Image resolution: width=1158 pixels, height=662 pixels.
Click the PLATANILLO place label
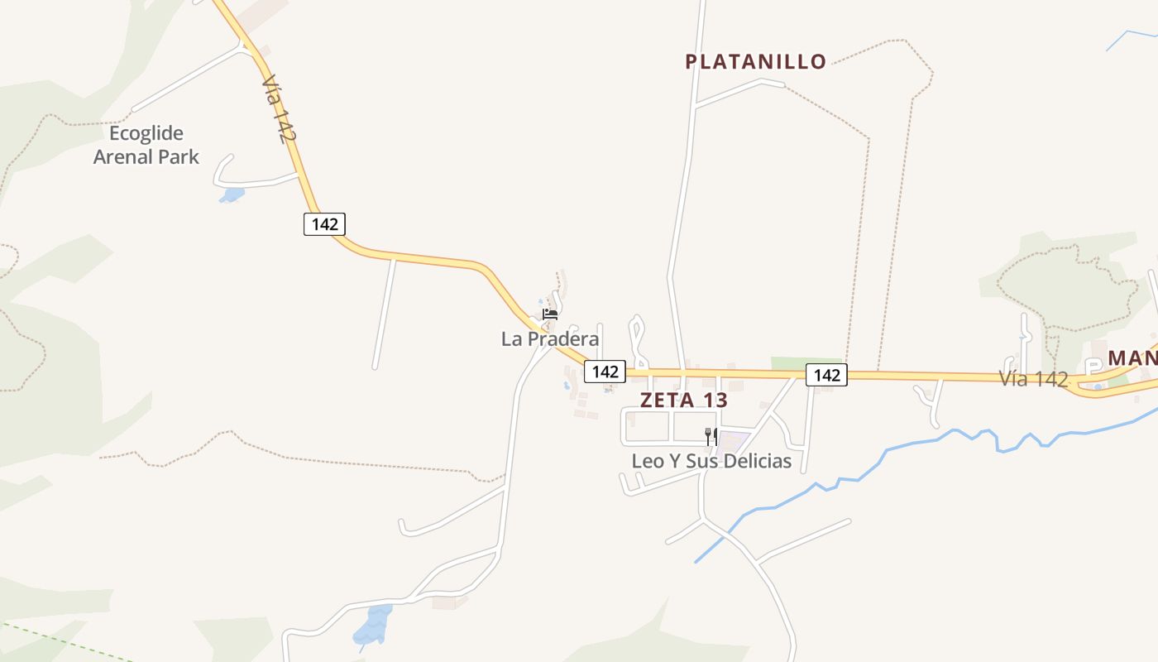pos(755,61)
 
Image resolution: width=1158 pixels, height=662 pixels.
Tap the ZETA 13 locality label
pos(683,400)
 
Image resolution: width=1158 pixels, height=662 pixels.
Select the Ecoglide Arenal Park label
pos(146,145)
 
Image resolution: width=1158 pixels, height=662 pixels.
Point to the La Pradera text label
pos(550,338)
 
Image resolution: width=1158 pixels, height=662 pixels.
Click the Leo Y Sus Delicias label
pos(711,461)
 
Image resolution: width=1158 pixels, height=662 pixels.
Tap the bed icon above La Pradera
pos(550,314)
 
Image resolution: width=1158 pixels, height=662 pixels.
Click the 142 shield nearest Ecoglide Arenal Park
pos(324,223)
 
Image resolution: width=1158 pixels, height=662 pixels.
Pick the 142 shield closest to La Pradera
pos(605,372)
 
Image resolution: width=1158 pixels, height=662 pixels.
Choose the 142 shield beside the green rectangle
pos(826,375)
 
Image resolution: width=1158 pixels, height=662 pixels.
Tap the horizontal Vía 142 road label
pos(1033,379)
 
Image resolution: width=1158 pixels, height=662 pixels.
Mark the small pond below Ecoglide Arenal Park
pos(232,195)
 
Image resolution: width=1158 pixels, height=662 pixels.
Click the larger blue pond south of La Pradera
pos(373,624)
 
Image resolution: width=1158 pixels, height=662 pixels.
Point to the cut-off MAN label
pos(1132,358)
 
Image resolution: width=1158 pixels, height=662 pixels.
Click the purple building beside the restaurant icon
pos(733,441)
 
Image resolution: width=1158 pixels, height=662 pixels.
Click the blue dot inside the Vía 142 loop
pos(1098,386)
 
